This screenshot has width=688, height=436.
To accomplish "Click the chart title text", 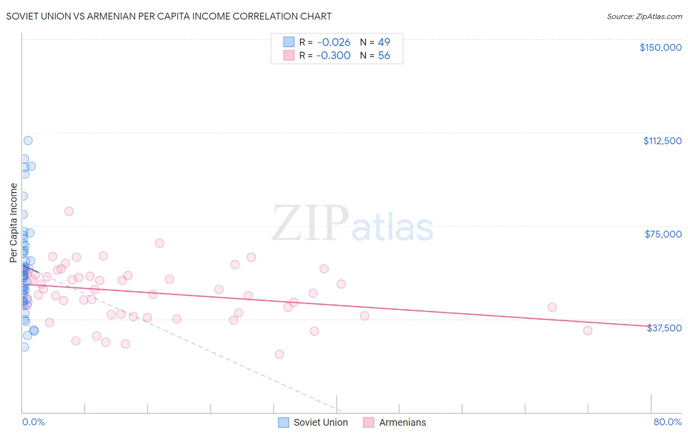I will (169, 16).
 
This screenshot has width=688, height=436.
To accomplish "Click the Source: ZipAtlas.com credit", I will (644, 16).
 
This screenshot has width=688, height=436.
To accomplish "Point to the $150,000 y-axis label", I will (660, 47).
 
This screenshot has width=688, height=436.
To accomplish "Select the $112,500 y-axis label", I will (662, 141).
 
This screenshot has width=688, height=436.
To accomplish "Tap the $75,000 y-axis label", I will (663, 234).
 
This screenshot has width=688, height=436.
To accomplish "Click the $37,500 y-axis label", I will (664, 328).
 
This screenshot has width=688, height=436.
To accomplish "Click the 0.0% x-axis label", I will (33, 422).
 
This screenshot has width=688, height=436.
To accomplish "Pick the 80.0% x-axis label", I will (667, 422).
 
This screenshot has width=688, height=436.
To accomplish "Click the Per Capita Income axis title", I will (14, 222).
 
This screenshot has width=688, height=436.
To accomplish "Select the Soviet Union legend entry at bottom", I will (320, 422).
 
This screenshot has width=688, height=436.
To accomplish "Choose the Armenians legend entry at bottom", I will (402, 422).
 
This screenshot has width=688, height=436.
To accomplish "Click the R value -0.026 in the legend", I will (334, 43).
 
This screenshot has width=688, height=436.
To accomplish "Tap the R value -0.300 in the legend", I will (333, 56).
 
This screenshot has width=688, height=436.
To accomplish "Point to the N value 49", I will (384, 43).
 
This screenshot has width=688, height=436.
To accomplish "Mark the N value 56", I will (384, 56).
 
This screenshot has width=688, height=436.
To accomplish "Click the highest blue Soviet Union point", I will (28, 140).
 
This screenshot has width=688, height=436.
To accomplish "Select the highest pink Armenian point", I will (69, 212).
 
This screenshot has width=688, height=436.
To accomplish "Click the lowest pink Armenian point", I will (279, 354).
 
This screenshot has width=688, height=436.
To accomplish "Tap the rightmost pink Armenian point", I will (588, 330).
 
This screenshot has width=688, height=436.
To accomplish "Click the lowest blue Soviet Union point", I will (24, 347).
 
